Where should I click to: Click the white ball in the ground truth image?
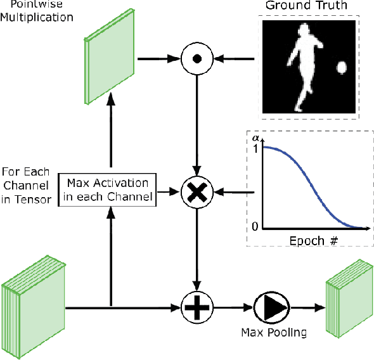click(341, 68)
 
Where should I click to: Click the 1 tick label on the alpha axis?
click(255, 148)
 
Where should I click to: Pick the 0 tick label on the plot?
click(255, 227)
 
